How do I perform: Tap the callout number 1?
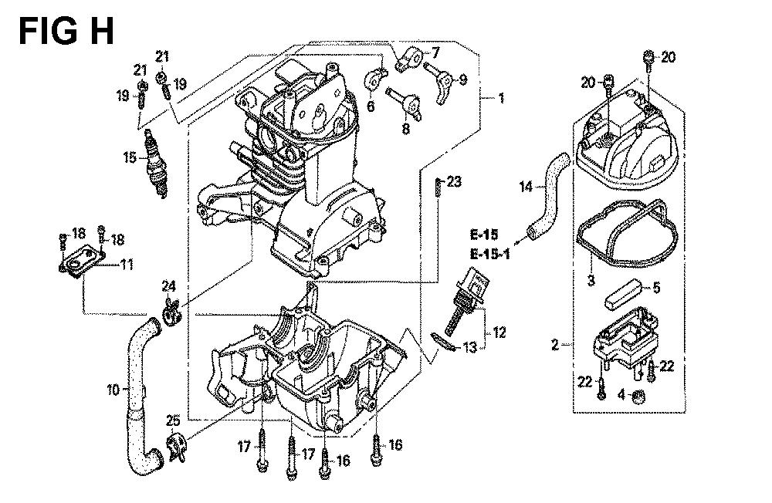pos(501,98)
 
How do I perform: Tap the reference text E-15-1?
pos(490,255)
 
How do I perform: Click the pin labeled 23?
pos(438,187)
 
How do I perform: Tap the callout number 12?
pos(499,333)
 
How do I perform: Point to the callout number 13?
pos(470,347)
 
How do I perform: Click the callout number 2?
pos(555,345)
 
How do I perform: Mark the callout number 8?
pos(406,129)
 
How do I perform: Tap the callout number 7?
pos(435,52)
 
